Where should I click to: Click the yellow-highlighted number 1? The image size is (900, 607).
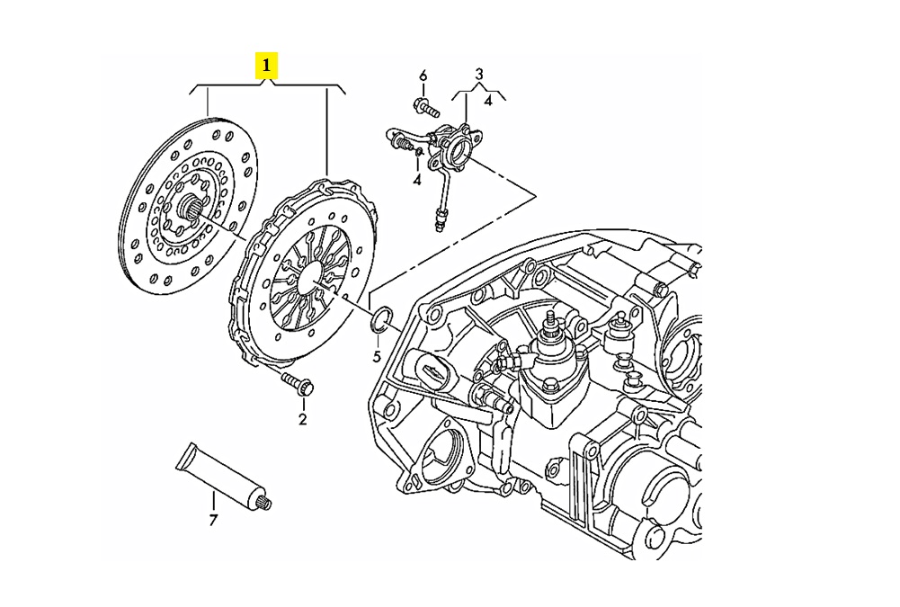267,66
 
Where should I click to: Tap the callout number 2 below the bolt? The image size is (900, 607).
302,419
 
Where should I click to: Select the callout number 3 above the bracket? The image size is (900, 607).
479,74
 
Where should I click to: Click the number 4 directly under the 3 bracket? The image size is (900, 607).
488,101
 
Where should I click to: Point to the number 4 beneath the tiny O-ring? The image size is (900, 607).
417,181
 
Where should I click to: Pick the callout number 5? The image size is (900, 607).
378,357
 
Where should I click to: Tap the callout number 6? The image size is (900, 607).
423,75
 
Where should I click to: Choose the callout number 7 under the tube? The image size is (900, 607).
213,520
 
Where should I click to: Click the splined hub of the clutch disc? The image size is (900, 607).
192,213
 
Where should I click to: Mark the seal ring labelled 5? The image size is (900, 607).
380,318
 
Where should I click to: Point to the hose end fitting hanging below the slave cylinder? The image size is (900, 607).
441,218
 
